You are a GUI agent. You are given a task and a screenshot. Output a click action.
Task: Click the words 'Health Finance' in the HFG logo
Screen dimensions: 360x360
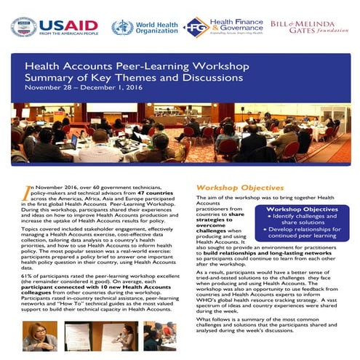pyautogui.click(x=233, y=22)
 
